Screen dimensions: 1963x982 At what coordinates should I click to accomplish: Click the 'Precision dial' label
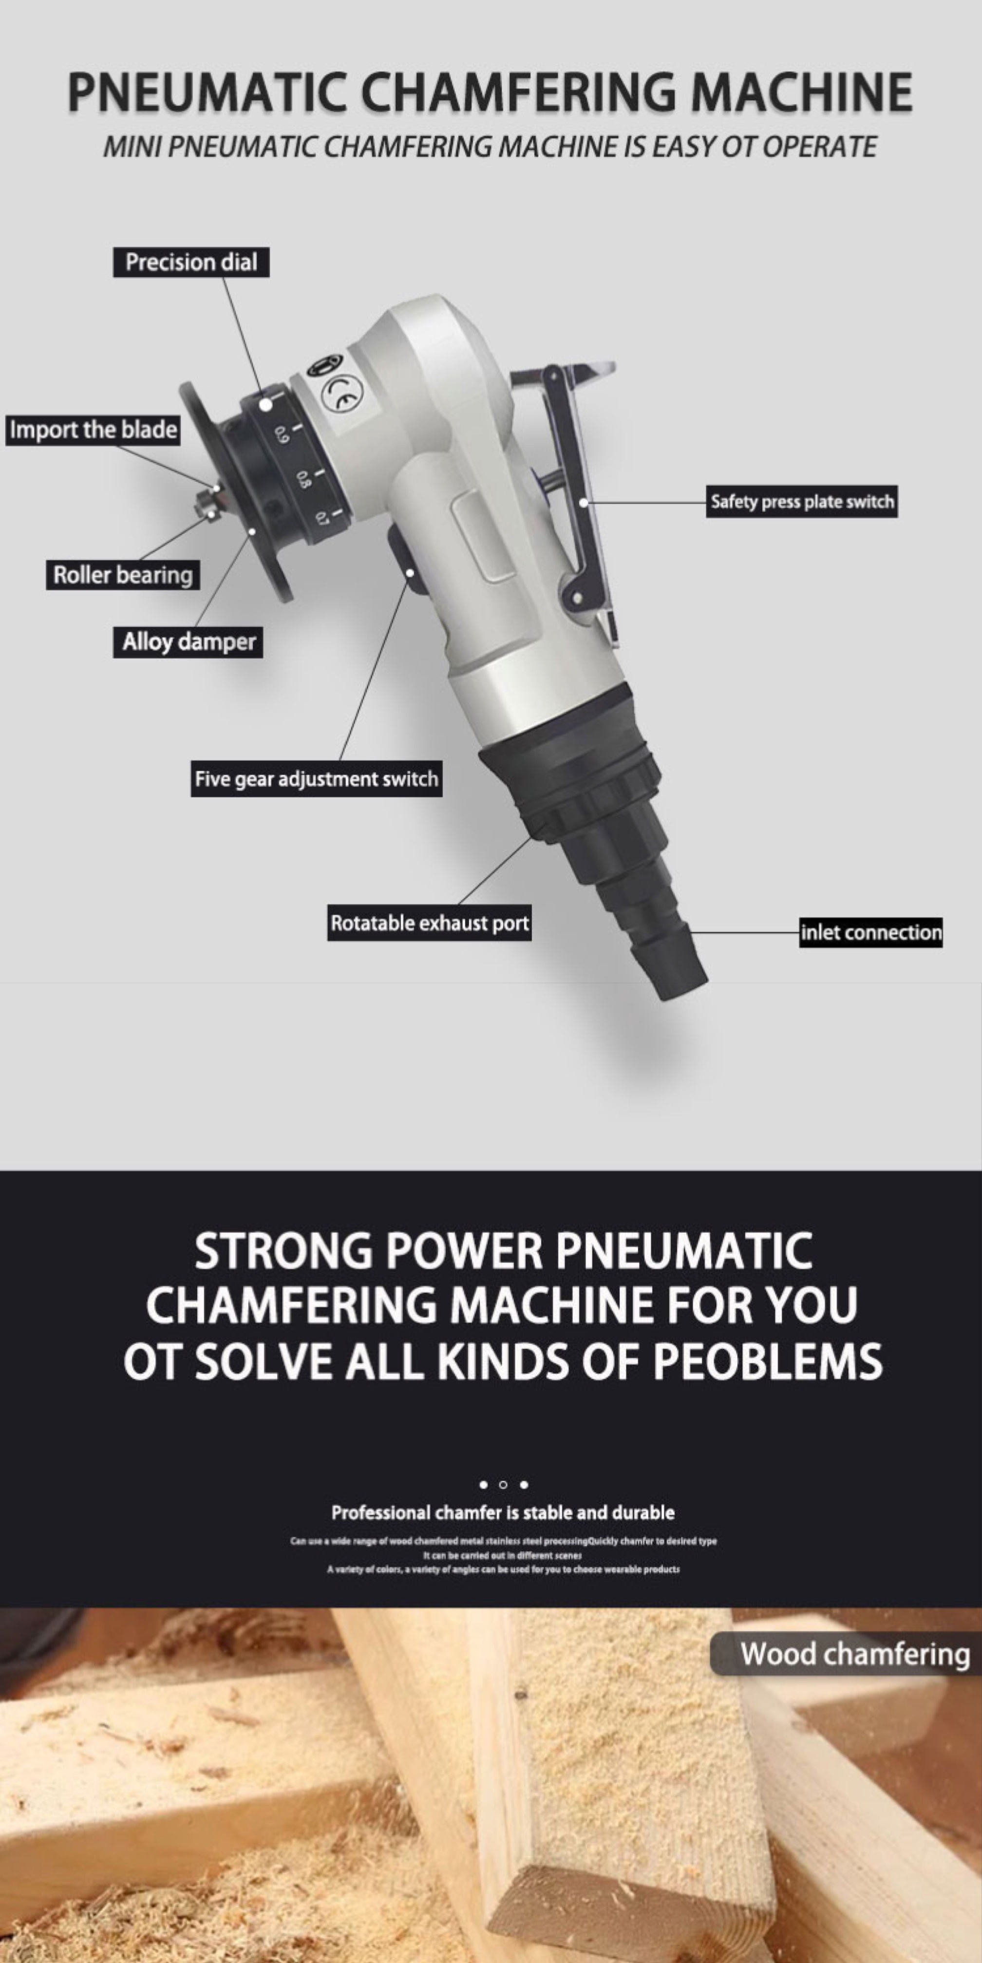point(191,262)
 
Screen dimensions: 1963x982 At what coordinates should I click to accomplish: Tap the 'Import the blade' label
point(93,430)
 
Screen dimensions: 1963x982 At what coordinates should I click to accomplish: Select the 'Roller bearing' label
point(123,575)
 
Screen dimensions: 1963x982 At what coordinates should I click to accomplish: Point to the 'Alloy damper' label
point(188,642)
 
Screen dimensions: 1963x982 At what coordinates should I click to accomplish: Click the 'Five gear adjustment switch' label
point(316,779)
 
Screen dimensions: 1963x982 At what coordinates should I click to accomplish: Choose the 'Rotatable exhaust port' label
point(429,924)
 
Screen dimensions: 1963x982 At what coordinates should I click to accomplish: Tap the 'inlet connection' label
point(871,932)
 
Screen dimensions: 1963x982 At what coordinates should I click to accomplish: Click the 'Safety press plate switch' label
point(801,501)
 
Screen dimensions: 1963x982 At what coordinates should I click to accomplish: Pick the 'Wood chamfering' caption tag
point(854,1654)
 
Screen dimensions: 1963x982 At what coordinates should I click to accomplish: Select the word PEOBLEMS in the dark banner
point(767,1360)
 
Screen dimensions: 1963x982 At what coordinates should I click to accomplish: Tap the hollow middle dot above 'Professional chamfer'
point(503,1485)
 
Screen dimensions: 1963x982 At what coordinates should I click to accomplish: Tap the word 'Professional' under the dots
point(381,1512)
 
